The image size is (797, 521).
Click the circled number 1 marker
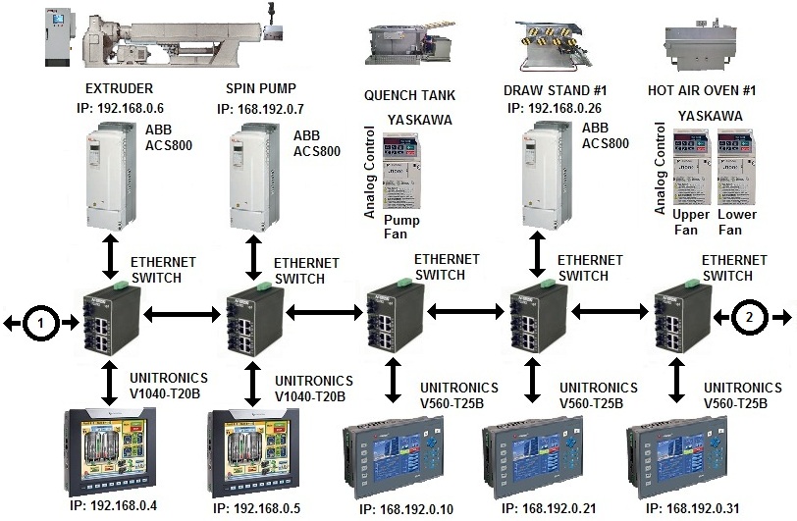pos(40,320)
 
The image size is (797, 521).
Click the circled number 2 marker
pos(748,317)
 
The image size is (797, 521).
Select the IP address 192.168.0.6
pos(120,107)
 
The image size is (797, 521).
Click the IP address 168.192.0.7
pos(263,107)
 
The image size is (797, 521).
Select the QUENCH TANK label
pos(404,96)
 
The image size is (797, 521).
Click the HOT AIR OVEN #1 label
pos(702,88)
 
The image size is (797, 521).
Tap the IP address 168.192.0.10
pos(392,509)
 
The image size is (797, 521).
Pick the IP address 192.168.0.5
pos(258,509)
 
